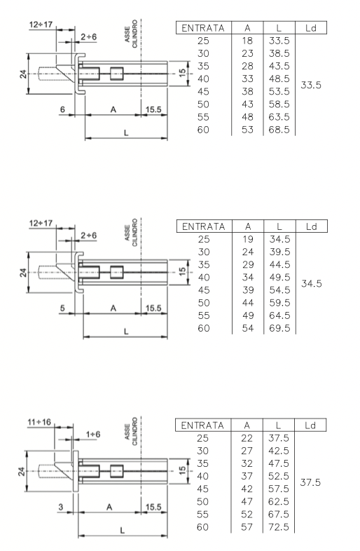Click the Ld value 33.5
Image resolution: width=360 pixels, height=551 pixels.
311,85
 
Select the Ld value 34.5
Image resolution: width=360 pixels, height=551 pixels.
312,284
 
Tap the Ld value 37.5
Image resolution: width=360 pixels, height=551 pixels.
310,482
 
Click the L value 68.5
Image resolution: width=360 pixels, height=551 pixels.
279,130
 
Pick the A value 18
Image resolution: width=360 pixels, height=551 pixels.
247,41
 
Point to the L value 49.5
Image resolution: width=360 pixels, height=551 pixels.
280,278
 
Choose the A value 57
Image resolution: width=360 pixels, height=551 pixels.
247,527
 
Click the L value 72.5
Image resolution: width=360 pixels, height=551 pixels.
279,527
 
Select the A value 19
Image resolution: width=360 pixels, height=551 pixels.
248,239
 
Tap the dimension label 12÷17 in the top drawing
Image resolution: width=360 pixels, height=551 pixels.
41,25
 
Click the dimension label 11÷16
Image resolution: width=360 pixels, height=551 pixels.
39,422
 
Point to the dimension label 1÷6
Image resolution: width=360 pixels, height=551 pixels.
93,435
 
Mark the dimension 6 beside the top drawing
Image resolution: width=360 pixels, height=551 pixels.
62,109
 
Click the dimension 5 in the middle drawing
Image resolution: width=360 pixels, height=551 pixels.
62,308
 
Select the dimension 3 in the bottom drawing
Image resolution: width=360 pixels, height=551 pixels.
61,507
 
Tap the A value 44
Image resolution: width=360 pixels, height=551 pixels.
248,303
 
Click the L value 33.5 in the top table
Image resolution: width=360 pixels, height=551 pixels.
279,41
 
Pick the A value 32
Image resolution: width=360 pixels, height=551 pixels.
247,463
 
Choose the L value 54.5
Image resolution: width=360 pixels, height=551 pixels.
280,290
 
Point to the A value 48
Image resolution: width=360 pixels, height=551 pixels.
247,117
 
